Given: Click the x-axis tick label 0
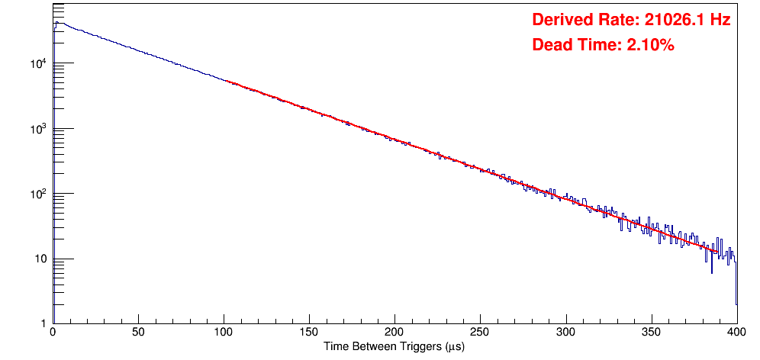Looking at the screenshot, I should (53, 333).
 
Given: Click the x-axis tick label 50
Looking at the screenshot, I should (138, 333).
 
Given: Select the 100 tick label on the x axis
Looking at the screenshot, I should (224, 333).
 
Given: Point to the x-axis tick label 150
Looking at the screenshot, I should (309, 333).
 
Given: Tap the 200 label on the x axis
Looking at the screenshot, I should (394, 333).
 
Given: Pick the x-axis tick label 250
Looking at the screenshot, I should (480, 333).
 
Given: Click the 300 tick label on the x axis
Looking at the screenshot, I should (565, 333).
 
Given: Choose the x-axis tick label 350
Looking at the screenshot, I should (651, 333).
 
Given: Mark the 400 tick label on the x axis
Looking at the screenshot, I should (736, 333).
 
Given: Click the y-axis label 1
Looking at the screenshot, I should (44, 323).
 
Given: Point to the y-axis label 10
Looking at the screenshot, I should (41, 259).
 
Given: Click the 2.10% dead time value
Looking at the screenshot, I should (650, 46).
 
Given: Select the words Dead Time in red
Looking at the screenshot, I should (576, 46).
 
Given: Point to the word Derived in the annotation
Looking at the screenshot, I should (562, 21).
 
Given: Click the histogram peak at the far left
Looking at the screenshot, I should (56, 23).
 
